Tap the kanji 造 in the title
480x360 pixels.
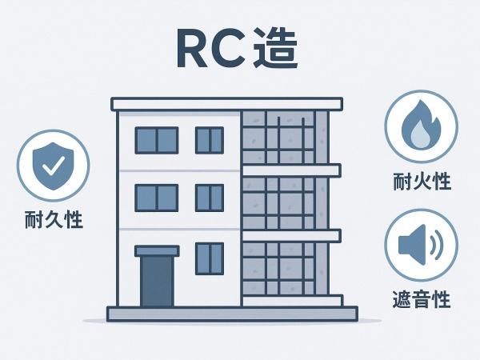275,48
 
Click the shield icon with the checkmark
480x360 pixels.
54,166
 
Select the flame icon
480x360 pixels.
422,125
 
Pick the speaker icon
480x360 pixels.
421,244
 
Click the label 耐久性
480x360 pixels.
54,219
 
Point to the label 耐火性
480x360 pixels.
422,182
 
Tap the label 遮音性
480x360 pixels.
422,299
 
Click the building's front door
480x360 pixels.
157,282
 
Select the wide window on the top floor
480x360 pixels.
157,140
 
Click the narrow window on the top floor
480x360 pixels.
210,140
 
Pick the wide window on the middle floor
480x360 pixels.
157,198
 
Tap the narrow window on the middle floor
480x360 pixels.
210,198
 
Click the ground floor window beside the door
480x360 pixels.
210,258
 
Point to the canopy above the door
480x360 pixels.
157,251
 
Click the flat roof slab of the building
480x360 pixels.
227,104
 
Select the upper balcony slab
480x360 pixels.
291,170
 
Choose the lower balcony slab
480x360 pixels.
291,235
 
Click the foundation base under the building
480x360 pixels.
232,314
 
